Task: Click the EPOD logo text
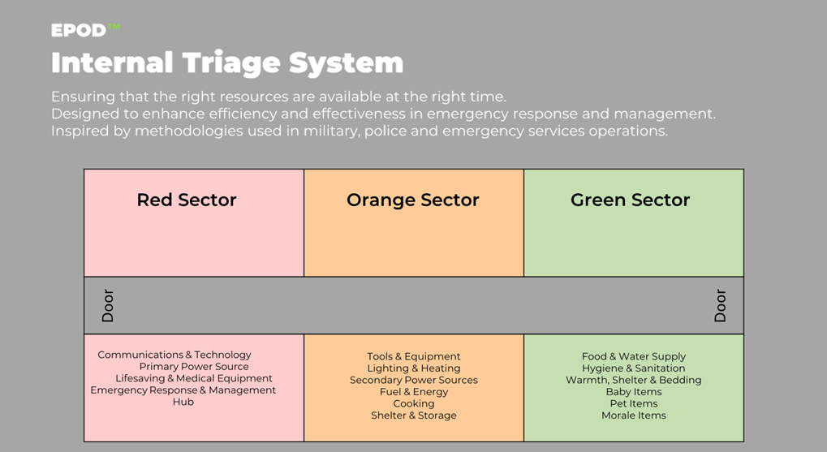coord(79,31)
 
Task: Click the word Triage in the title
coord(230,64)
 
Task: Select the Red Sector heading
coord(187,200)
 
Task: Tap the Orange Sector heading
coord(413,200)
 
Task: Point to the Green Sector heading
coord(631,200)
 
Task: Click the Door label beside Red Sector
coord(108,305)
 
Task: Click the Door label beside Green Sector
coord(720,305)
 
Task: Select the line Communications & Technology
coord(174,355)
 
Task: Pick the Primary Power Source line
coord(194,367)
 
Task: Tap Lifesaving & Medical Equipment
coord(194,379)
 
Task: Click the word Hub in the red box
coord(183,402)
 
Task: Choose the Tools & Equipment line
coord(414,356)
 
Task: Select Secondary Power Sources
coord(414,381)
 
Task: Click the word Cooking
coord(414,404)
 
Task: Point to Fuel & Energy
coord(414,392)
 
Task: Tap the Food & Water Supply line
coord(633,356)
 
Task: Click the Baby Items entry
coord(633,392)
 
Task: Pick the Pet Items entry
coord(633,403)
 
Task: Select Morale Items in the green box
coord(633,415)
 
